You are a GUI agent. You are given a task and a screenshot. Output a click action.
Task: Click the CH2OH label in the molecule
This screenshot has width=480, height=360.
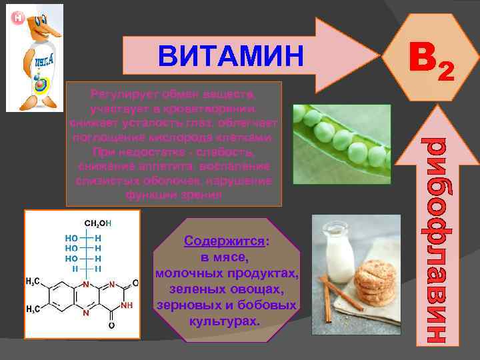(97, 223)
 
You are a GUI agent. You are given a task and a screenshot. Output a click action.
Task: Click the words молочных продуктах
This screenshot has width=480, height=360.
(227, 273)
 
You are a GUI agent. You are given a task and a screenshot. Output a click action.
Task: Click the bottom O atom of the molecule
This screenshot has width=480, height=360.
(111, 325)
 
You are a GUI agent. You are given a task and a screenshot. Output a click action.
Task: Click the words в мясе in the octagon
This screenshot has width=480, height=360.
(225, 257)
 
